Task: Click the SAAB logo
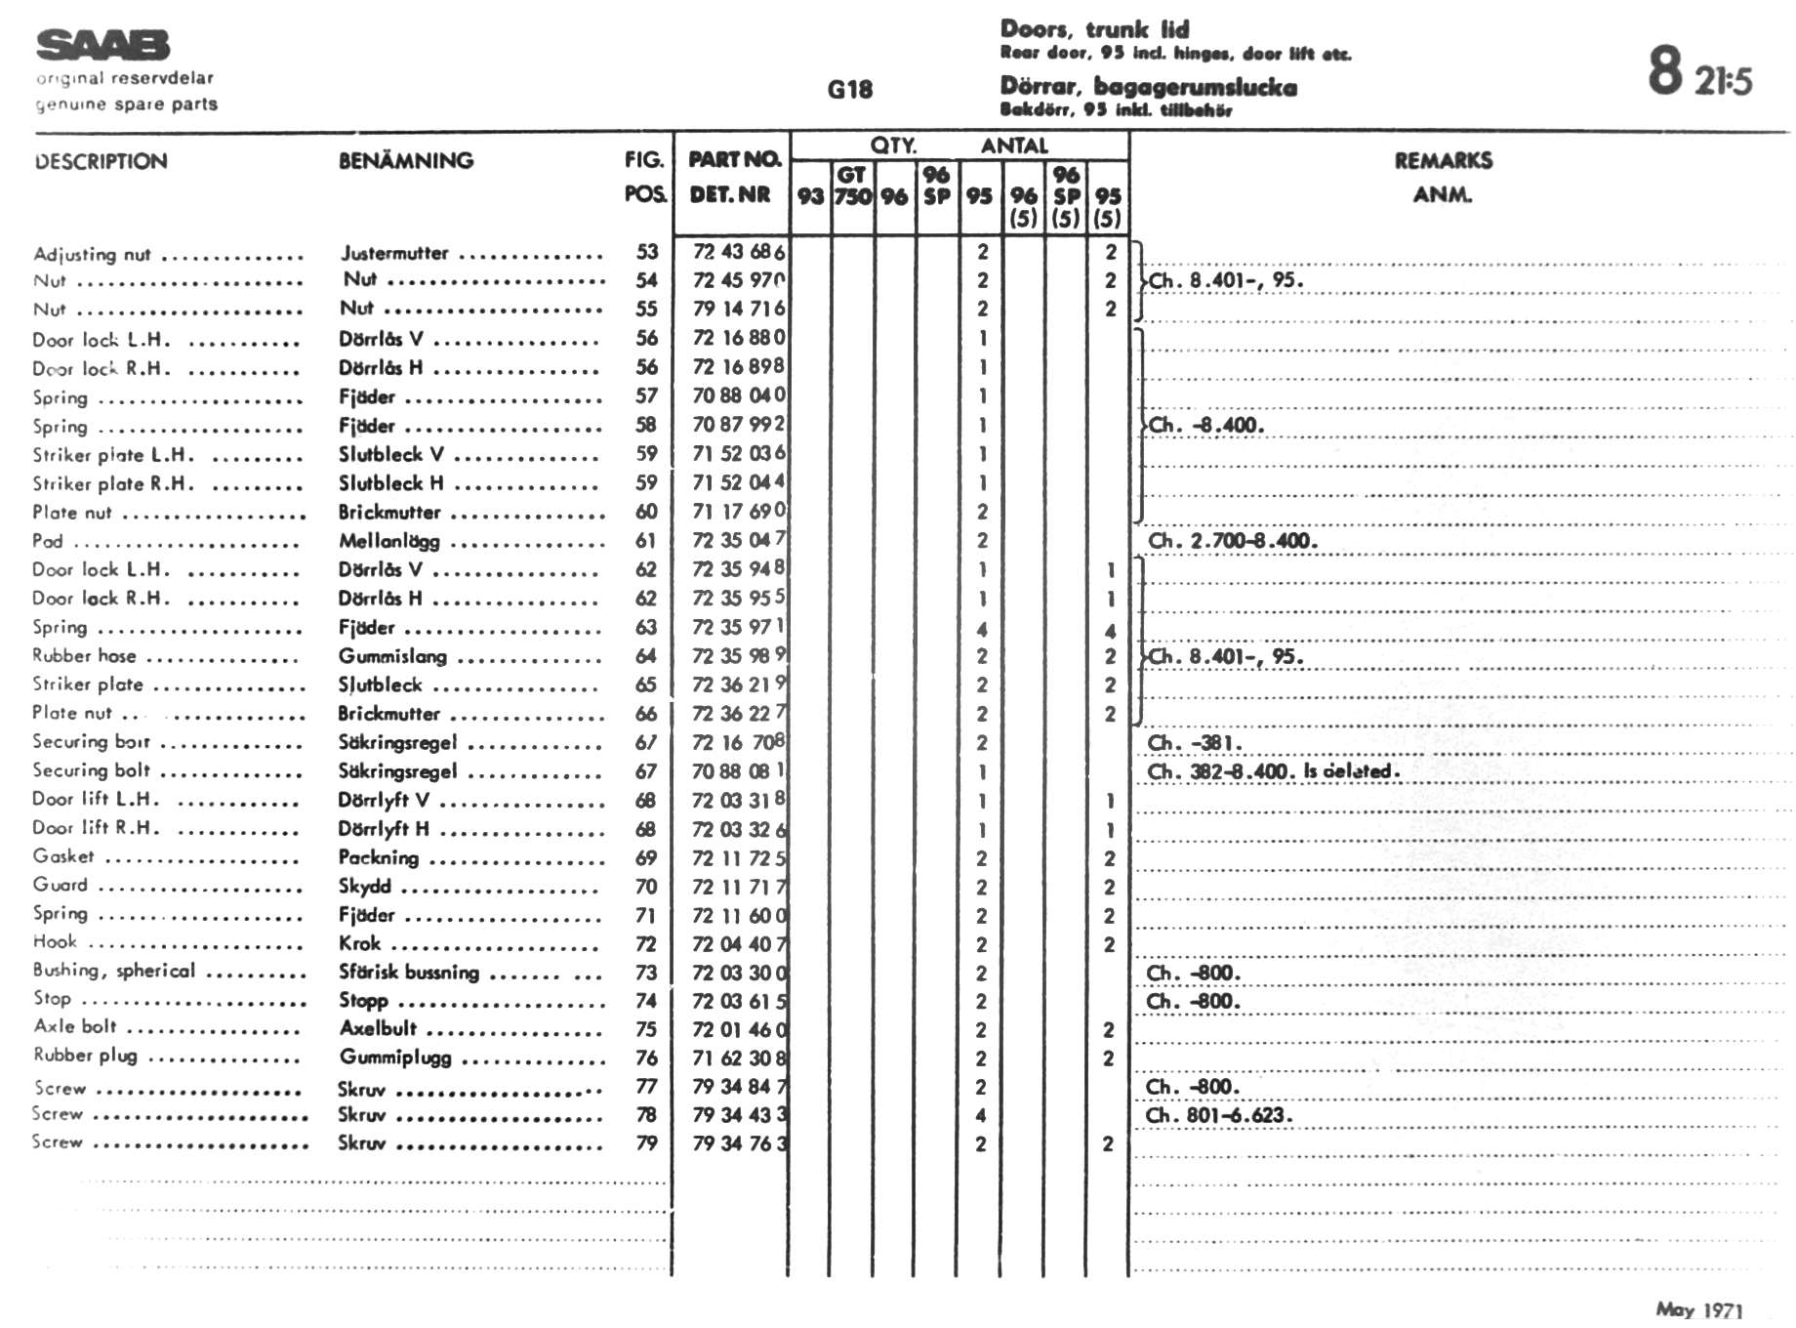click(102, 45)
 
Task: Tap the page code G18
click(849, 90)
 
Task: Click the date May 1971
click(1698, 1309)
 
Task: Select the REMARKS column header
click(1443, 161)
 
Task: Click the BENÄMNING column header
click(406, 161)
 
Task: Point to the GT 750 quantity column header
click(852, 186)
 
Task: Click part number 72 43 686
click(738, 252)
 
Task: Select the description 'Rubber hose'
click(84, 656)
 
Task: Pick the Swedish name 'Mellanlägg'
click(388, 541)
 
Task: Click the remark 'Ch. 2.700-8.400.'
click(1232, 541)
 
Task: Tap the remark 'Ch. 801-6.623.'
click(1218, 1115)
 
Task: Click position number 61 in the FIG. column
click(646, 541)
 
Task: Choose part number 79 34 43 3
click(739, 1115)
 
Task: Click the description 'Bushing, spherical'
click(113, 971)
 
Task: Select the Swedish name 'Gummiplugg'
click(395, 1058)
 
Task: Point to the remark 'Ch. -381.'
click(1194, 743)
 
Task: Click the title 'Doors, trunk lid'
click(1094, 29)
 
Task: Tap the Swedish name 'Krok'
click(359, 943)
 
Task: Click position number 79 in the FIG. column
click(646, 1143)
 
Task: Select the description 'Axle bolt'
click(75, 1026)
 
